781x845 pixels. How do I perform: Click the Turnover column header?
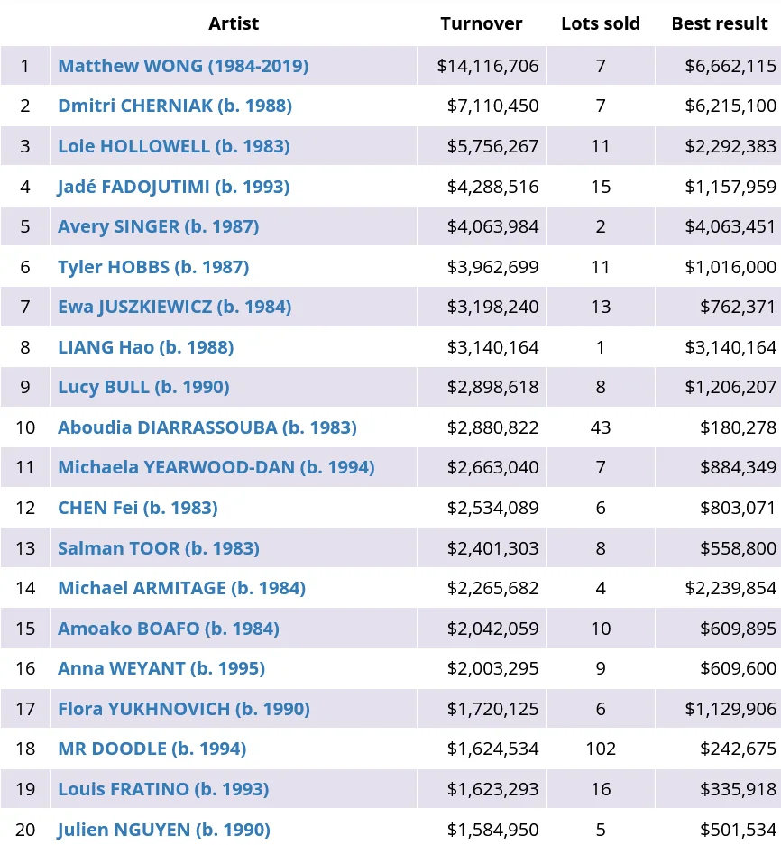pyautogui.click(x=481, y=24)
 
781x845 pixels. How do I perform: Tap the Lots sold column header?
pyautogui.click(x=600, y=24)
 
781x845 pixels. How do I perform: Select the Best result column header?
pyautogui.click(x=719, y=24)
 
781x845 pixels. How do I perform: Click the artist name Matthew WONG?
pyautogui.click(x=183, y=66)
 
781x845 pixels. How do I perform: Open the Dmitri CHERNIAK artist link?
pyautogui.click(x=175, y=106)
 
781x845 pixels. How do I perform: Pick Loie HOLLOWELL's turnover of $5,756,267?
pyautogui.click(x=492, y=146)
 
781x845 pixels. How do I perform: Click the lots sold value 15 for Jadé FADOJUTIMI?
pyautogui.click(x=601, y=187)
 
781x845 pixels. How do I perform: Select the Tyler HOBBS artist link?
pyautogui.click(x=153, y=267)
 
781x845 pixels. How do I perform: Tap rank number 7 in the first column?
pyautogui.click(x=25, y=307)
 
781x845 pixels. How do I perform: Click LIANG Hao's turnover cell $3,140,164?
pyautogui.click(x=492, y=347)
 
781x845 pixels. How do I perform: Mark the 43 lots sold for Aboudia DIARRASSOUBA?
pyautogui.click(x=601, y=427)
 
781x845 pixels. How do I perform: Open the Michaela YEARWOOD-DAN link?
pyautogui.click(x=216, y=467)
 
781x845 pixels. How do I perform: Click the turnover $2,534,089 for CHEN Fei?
pyautogui.click(x=492, y=508)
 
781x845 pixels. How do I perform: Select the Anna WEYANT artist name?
pyautogui.click(x=161, y=668)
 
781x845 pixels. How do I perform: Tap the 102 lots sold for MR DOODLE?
pyautogui.click(x=601, y=749)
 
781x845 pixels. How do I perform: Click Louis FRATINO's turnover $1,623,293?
pyautogui.click(x=492, y=789)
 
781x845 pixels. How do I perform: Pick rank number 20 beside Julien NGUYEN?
pyautogui.click(x=25, y=830)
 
